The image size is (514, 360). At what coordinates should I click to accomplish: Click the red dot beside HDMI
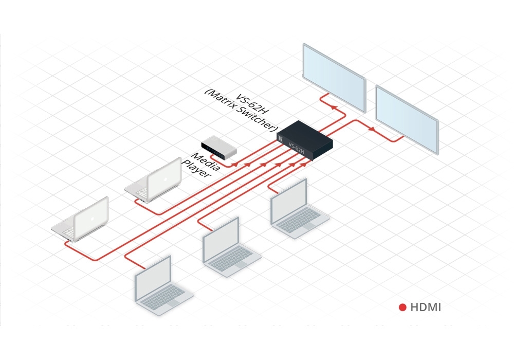tap(403, 308)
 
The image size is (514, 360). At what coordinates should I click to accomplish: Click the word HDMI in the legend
tap(426, 308)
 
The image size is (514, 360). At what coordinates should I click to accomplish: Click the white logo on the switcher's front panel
tap(281, 138)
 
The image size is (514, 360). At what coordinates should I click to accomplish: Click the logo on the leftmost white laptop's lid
tap(91, 218)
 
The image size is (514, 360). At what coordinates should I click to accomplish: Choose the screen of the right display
tap(407, 117)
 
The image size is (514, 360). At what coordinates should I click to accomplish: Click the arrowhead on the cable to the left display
tap(334, 107)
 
